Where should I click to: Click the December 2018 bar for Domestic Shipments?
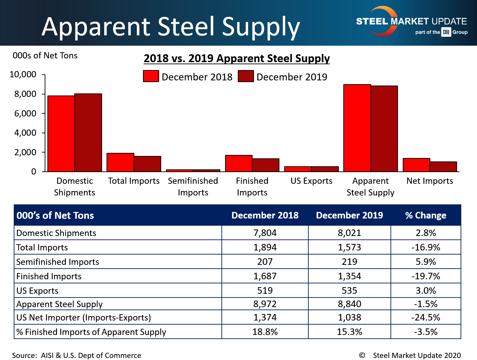pos(61,134)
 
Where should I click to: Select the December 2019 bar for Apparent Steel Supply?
pos(384,129)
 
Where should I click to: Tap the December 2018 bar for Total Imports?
pos(120,162)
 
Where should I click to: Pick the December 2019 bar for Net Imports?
pos(443,167)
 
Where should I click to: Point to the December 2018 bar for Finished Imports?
pos(239,164)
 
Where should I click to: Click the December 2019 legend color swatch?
pos(246,76)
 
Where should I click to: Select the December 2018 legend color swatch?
pos(151,76)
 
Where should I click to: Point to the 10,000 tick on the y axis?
pos(23,75)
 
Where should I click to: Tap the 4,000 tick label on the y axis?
pos(25,133)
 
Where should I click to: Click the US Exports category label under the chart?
pos(311,181)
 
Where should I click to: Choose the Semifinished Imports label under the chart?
pos(193,187)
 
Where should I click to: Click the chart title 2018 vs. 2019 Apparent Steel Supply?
pos(237,58)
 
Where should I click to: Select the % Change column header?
pos(425,215)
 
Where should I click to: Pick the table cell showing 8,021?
pos(349,233)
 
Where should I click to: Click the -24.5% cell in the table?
pos(425,317)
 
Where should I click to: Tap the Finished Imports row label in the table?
pos(49,276)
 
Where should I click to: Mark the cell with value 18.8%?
pos(265,332)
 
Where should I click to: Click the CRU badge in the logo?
pos(446,32)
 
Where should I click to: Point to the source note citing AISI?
pos(77,355)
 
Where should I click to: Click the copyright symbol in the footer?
pos(362,355)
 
